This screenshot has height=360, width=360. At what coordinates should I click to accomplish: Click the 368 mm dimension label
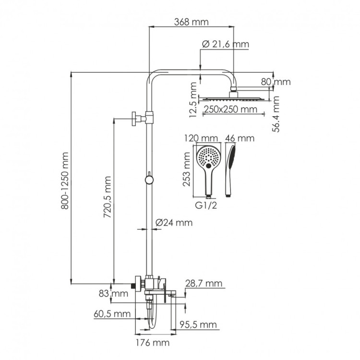point(191,22)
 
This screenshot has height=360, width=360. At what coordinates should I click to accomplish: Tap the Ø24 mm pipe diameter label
point(174,222)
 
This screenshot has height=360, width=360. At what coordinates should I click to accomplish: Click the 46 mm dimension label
point(239,138)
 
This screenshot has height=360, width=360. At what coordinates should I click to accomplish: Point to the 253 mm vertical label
point(187,169)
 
